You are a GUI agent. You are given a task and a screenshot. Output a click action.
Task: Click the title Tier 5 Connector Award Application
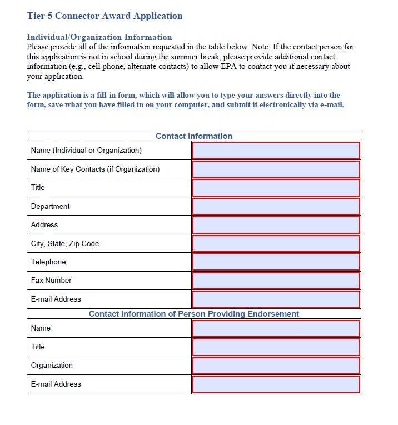pos(105,16)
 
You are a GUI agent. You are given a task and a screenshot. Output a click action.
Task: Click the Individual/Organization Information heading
pos(100,37)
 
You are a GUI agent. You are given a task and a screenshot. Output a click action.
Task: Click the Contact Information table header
pos(193,136)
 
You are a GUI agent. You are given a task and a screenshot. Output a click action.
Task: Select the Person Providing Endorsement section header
pos(193,314)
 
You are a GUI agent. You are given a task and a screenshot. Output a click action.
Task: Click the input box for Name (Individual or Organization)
pos(276,151)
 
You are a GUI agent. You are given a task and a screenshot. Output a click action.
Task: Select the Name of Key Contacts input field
pos(276,169)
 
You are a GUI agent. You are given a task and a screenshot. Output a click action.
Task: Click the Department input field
pos(276,206)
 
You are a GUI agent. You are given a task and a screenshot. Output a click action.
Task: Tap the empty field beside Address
pos(276,225)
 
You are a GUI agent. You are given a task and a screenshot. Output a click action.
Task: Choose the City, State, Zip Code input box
pos(276,243)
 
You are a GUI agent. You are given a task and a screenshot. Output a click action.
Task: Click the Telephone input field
pos(276,262)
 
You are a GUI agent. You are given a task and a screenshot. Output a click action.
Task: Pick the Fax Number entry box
pos(276,281)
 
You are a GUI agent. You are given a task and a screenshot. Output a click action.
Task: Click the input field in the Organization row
pos(276,366)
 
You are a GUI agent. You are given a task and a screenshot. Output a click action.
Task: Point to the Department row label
pos(51,206)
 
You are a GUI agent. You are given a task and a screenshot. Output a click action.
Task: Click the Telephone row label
pos(48,262)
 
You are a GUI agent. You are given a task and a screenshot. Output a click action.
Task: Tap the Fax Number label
pos(51,281)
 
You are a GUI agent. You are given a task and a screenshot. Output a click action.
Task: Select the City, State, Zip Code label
pos(65,243)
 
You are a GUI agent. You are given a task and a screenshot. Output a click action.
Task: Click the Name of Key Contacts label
pos(95,169)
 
